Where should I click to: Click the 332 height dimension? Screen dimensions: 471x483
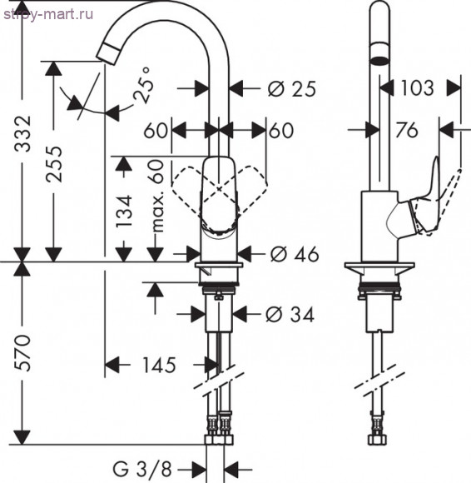tap(22, 134)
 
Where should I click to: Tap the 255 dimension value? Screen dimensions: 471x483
tap(54, 164)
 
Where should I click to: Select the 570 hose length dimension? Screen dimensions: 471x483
tap(22, 352)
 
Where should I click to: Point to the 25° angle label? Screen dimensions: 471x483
tap(143, 85)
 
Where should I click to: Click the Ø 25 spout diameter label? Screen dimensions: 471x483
tap(292, 89)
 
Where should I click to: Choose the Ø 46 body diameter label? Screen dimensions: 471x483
tap(295, 255)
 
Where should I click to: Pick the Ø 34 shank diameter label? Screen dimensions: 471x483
tap(290, 315)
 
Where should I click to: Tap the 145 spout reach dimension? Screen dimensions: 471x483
tap(159, 366)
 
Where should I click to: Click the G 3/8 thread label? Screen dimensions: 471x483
tap(142, 470)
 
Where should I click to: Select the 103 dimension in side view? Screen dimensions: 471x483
tap(418, 88)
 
